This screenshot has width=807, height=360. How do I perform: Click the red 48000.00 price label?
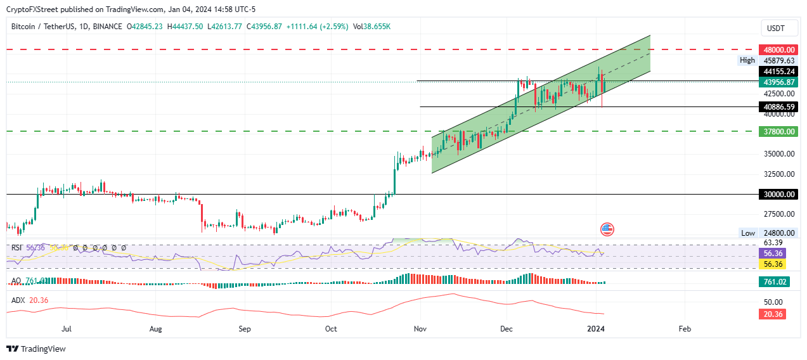tap(777, 49)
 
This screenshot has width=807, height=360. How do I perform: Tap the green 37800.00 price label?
tap(777, 131)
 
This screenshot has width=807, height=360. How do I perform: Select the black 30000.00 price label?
tap(777, 195)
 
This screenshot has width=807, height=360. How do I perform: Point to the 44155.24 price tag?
tap(777, 72)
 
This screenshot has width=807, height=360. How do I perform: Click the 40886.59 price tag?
tap(777, 106)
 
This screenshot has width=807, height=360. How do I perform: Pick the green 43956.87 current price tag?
tap(777, 82)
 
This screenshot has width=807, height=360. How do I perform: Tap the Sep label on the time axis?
tap(245, 329)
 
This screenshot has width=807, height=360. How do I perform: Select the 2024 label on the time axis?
tap(595, 329)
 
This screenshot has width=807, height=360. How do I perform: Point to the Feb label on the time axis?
tap(684, 329)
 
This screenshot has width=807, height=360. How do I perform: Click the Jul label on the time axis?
tap(67, 329)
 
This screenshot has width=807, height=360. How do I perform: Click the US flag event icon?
tap(607, 229)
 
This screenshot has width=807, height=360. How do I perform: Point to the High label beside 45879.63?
tap(747, 60)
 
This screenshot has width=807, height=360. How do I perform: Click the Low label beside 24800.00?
tap(748, 233)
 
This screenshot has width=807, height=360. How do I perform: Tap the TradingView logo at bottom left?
tap(36, 349)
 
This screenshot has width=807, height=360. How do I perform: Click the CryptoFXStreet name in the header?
tap(31, 10)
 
